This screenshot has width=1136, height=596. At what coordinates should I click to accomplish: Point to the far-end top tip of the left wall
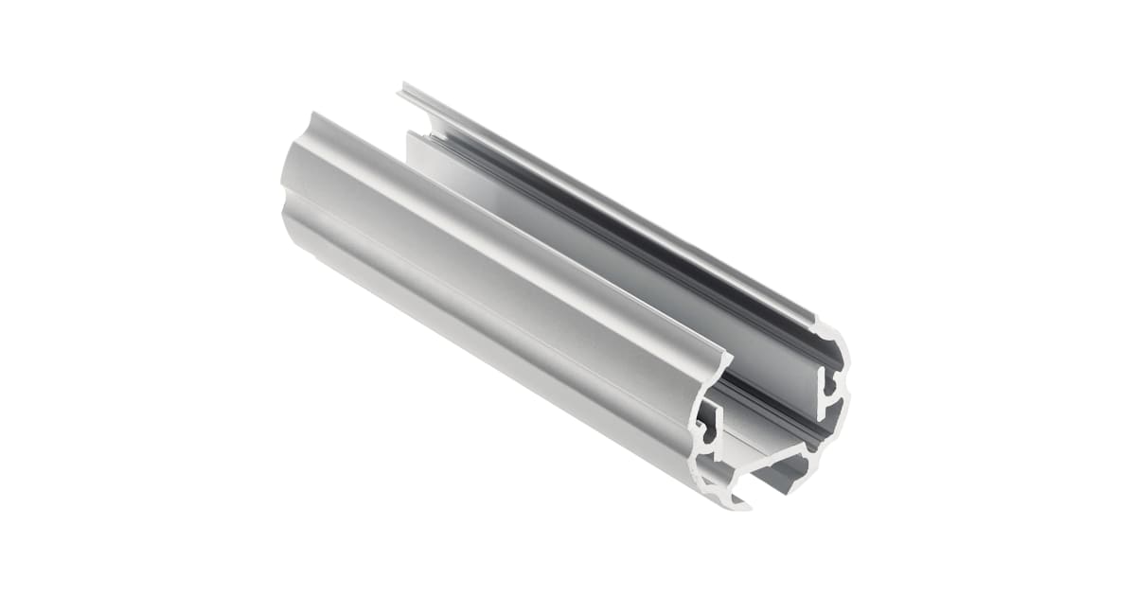click(x=312, y=114)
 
